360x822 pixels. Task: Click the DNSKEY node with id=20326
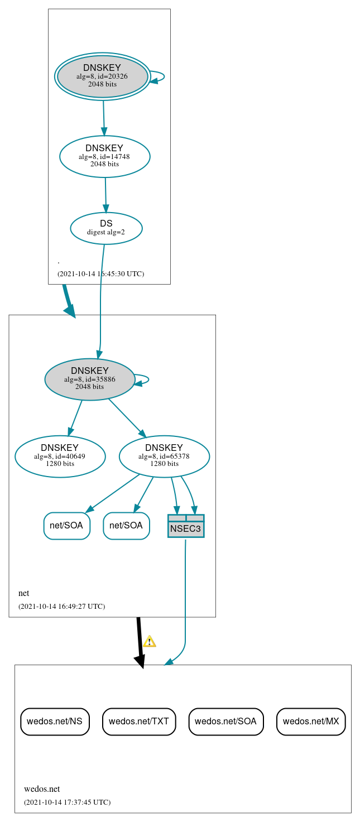103,76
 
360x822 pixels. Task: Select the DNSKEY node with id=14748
104,156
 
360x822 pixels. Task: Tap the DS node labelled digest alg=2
106,228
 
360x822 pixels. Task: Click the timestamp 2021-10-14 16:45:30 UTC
100,274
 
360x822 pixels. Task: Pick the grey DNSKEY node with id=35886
89,379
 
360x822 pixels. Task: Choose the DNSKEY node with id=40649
60,456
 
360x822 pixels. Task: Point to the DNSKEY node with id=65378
164,456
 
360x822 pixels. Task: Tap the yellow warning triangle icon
149,641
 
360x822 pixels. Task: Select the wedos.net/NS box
55,721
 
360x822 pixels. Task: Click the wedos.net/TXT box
139,721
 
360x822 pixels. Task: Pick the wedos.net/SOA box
225,721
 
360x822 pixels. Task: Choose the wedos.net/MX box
311,721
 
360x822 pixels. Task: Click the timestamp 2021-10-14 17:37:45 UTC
67,802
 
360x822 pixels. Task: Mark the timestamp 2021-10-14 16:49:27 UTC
61,607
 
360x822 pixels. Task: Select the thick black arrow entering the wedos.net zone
140,642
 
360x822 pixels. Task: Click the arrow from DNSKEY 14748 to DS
105,195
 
